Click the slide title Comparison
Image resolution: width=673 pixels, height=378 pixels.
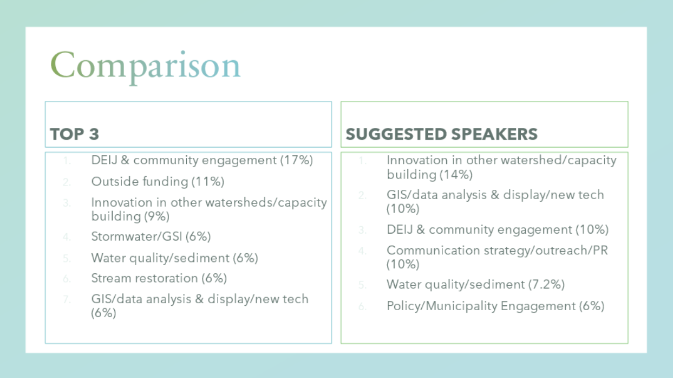click(x=146, y=66)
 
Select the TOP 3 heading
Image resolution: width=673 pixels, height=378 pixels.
click(x=74, y=134)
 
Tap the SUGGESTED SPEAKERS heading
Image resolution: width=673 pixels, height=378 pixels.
click(x=441, y=134)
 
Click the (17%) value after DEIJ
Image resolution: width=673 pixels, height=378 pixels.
click(x=297, y=160)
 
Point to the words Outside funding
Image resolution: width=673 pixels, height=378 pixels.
click(x=140, y=182)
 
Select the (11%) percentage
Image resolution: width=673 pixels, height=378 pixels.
click(x=208, y=182)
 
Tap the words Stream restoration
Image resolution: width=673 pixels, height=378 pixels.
click(x=145, y=278)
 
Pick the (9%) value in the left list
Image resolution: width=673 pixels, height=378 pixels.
click(x=156, y=216)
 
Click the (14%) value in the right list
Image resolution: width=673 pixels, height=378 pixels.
click(x=456, y=175)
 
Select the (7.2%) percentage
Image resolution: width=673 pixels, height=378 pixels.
click(x=546, y=284)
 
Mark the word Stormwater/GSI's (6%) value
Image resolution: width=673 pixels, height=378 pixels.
click(x=198, y=236)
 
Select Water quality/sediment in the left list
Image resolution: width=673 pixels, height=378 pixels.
click(x=160, y=258)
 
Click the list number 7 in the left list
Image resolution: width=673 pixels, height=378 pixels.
click(x=67, y=299)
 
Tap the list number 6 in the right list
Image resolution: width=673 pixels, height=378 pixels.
click(x=362, y=306)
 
